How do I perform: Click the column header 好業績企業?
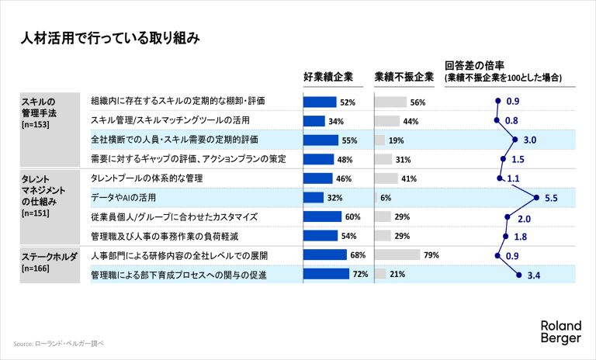tap(327, 77)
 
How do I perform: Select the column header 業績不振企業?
tap(404, 77)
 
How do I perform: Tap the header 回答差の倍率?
tap(475, 66)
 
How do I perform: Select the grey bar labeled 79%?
tap(397, 254)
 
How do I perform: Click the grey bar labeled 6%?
tap(376, 198)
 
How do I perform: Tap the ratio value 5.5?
tap(552, 198)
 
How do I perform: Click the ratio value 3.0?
tap(532, 140)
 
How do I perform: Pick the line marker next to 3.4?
tap(518, 274)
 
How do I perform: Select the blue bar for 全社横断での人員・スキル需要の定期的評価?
tap(321, 140)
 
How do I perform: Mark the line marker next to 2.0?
tap(506, 217)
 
